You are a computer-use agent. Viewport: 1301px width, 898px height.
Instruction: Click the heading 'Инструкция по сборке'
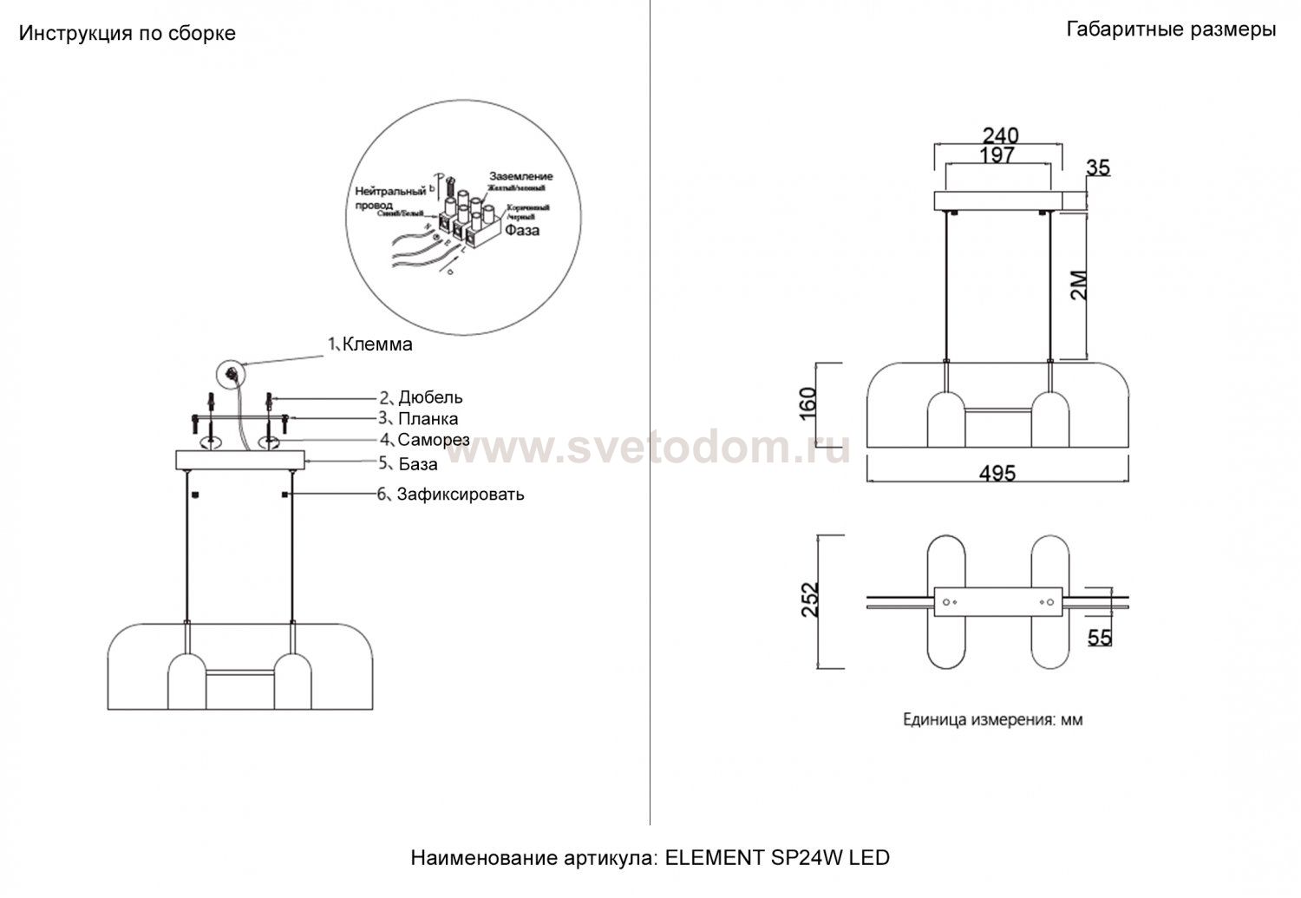click(127, 34)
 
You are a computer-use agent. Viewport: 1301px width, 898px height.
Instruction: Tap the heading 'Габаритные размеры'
click(1170, 30)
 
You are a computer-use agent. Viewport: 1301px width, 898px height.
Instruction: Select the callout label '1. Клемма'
click(369, 344)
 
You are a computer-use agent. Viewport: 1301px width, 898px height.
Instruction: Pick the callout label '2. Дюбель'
click(421, 397)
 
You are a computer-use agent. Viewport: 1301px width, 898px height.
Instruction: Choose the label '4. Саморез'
click(424, 440)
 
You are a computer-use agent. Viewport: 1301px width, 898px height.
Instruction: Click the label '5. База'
click(408, 464)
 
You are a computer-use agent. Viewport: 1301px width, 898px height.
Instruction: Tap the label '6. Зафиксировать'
click(450, 495)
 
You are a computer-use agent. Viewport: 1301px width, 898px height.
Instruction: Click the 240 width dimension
click(1000, 136)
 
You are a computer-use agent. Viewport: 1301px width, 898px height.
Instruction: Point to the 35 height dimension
click(1097, 167)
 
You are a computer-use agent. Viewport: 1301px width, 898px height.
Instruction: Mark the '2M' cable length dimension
click(1078, 284)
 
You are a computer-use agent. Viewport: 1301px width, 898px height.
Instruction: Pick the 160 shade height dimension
click(807, 403)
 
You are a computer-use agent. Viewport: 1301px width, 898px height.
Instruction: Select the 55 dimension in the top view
click(1099, 638)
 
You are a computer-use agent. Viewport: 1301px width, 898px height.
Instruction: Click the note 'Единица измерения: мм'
click(993, 719)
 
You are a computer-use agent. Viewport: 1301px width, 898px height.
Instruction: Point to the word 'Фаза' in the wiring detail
click(522, 231)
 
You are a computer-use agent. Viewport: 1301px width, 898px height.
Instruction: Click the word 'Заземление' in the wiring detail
click(520, 176)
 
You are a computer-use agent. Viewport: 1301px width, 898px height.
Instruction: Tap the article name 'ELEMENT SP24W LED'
click(777, 858)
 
